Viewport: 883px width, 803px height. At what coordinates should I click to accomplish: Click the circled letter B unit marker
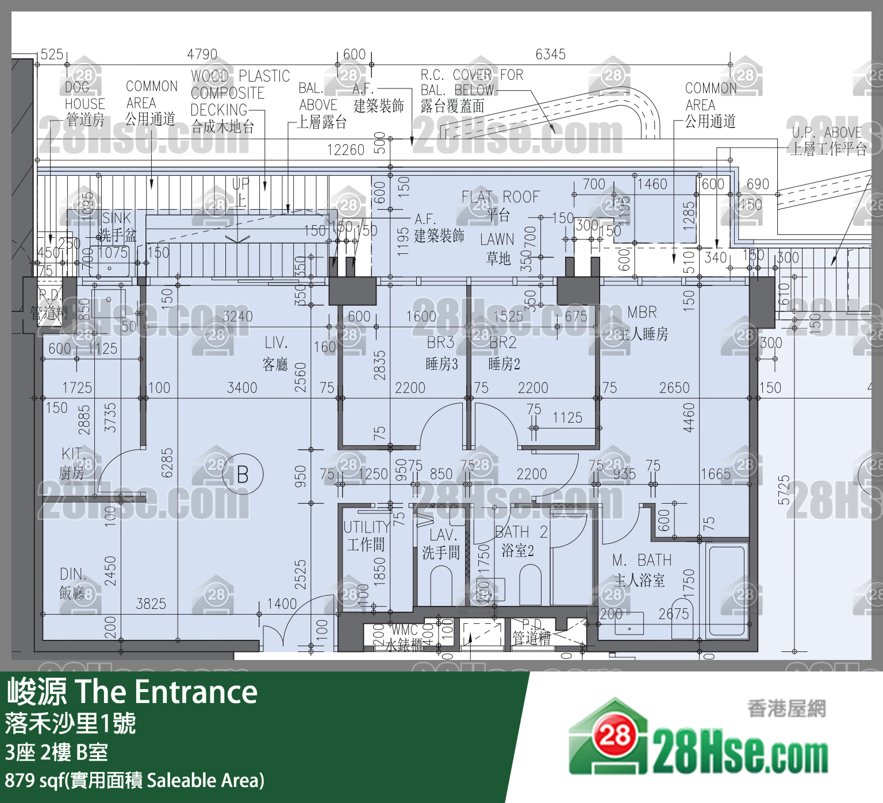click(243, 474)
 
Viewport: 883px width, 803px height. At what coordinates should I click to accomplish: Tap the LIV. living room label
click(277, 343)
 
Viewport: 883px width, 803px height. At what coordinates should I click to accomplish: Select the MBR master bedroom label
click(642, 312)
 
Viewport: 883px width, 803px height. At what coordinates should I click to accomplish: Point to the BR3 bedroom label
click(441, 343)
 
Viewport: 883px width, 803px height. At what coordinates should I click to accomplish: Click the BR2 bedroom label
click(503, 343)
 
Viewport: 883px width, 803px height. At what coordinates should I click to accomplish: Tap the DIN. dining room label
click(73, 574)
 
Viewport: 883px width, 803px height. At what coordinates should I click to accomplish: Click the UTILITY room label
click(366, 527)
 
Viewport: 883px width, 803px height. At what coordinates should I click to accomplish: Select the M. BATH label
click(642, 560)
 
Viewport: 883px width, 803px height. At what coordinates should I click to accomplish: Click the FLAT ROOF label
click(500, 197)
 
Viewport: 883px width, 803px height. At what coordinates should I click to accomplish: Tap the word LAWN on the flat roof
click(497, 239)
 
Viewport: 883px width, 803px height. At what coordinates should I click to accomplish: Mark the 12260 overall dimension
click(345, 150)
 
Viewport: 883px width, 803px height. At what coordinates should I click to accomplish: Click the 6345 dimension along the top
click(550, 55)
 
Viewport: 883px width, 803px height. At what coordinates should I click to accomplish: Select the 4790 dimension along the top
click(202, 55)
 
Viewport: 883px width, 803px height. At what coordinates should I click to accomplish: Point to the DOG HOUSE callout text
click(85, 96)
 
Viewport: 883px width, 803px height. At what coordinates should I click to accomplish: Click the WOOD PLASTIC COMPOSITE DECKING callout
click(240, 93)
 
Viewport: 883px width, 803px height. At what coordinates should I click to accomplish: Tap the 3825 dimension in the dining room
click(151, 604)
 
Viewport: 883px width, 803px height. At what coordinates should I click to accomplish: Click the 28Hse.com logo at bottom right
click(698, 739)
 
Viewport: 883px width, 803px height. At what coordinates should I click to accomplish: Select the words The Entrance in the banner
click(166, 692)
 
